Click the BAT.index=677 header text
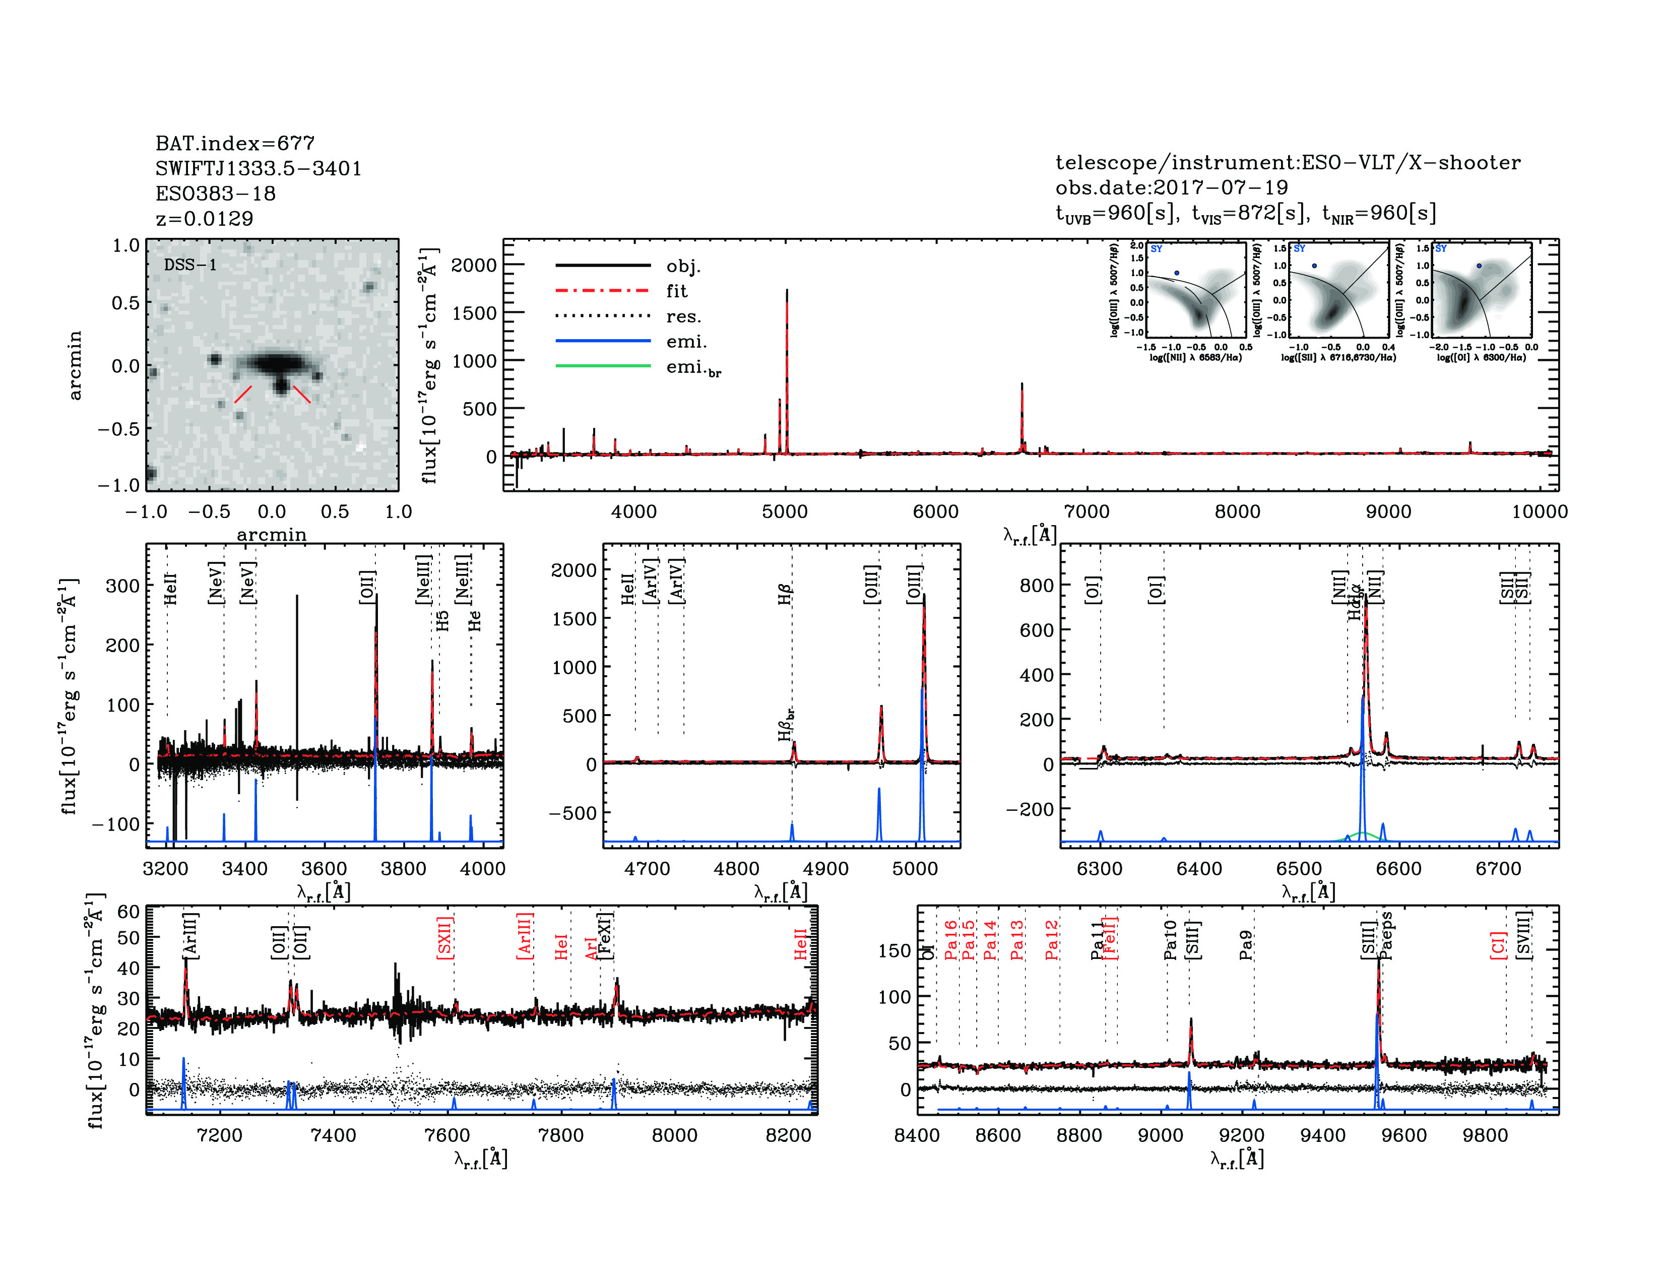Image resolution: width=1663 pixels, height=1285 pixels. tap(234, 143)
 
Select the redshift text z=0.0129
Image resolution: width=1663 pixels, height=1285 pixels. tap(204, 219)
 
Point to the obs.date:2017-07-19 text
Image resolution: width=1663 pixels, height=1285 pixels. tap(1171, 187)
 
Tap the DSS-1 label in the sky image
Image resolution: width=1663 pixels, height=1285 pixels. tap(190, 265)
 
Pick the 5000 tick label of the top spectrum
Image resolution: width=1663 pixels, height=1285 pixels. tap(784, 511)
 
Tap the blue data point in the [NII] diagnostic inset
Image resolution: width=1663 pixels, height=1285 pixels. tap(1176, 273)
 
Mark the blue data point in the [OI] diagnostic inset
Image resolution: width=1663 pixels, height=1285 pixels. tap(1479, 266)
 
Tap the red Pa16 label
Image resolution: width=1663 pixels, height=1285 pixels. tap(950, 940)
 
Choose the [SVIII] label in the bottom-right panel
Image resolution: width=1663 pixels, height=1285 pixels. tap(1523, 935)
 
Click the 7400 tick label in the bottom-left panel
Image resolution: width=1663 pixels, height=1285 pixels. tap(334, 1135)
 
